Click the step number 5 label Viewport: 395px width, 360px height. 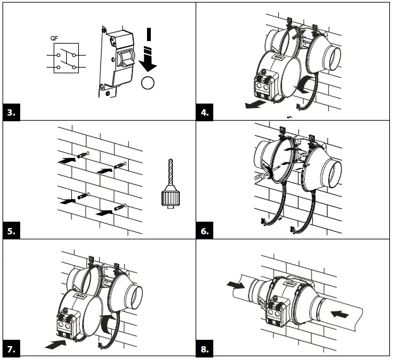(x=12, y=231)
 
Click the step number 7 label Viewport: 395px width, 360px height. (x=12, y=349)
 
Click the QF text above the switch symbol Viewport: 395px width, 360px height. (x=56, y=38)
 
